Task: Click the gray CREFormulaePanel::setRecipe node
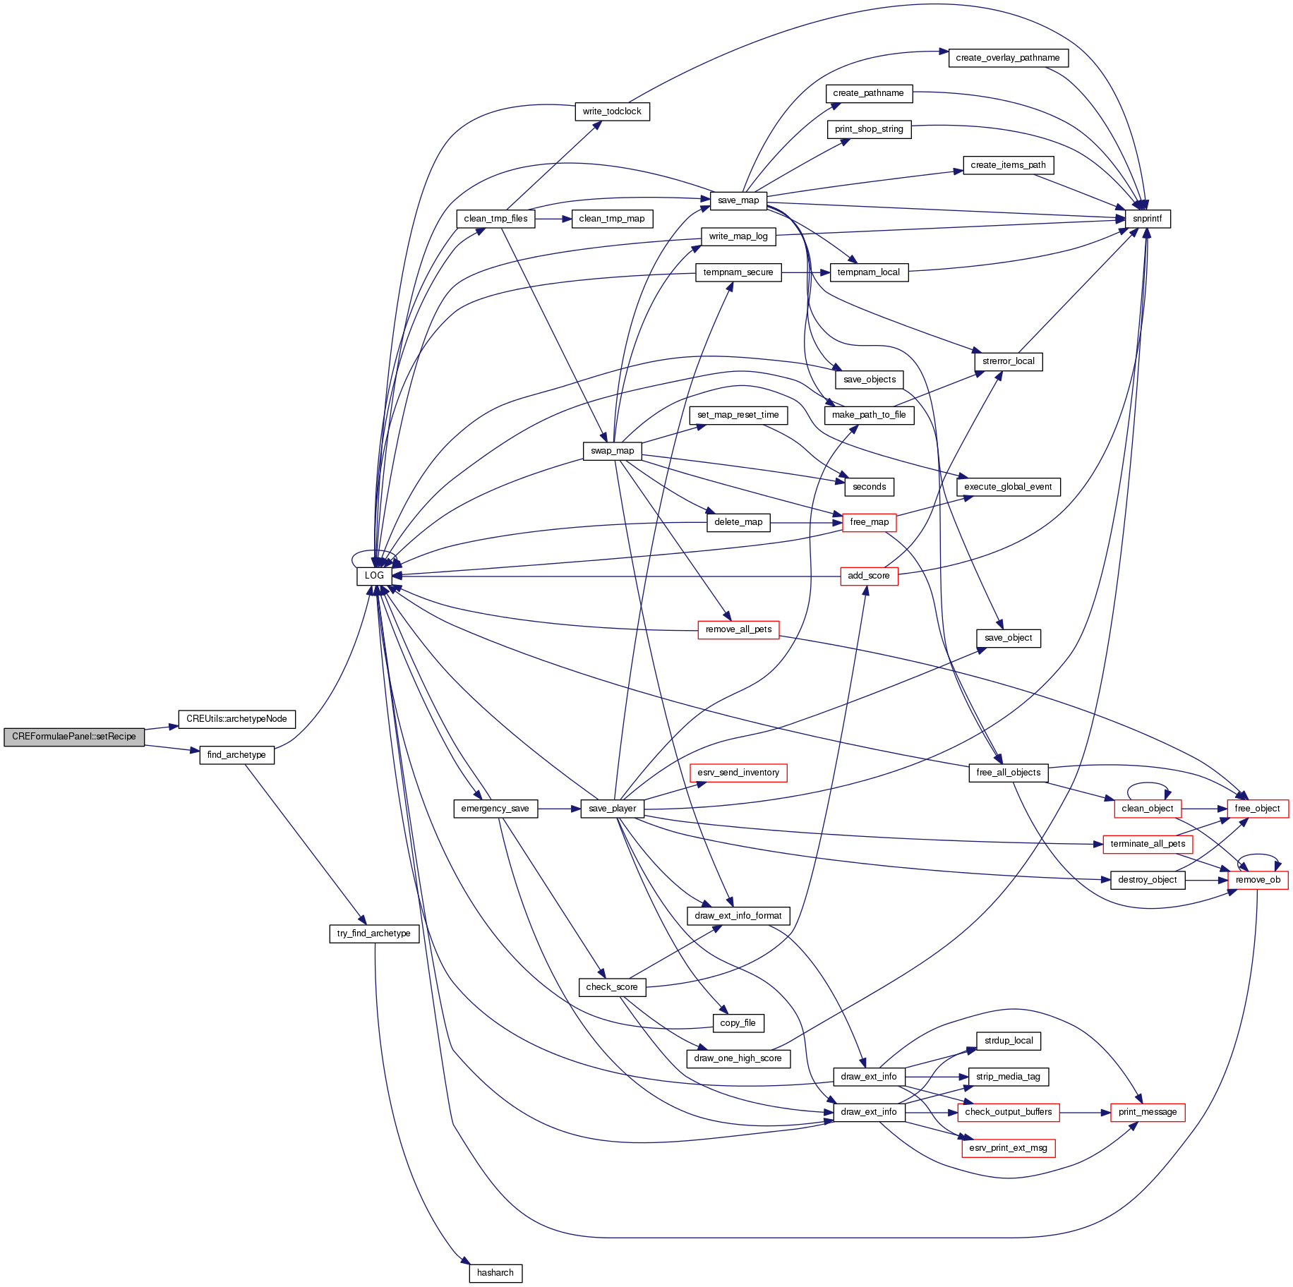(x=74, y=737)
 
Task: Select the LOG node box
(x=374, y=576)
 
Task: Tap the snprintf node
(x=1147, y=219)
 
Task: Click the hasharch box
(x=495, y=1273)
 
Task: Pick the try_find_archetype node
(x=373, y=933)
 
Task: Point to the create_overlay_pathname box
(x=1007, y=58)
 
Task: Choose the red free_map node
(x=869, y=522)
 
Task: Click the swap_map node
(x=612, y=451)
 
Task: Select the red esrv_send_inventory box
(x=738, y=773)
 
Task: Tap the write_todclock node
(x=612, y=111)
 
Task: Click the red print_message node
(x=1147, y=1112)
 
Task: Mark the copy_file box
(x=738, y=1023)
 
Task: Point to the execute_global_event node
(x=1008, y=487)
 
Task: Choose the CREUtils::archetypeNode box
(x=236, y=719)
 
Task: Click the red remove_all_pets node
(x=738, y=629)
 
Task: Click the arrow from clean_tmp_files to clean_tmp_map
(x=553, y=219)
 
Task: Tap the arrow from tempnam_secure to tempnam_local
(x=805, y=272)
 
